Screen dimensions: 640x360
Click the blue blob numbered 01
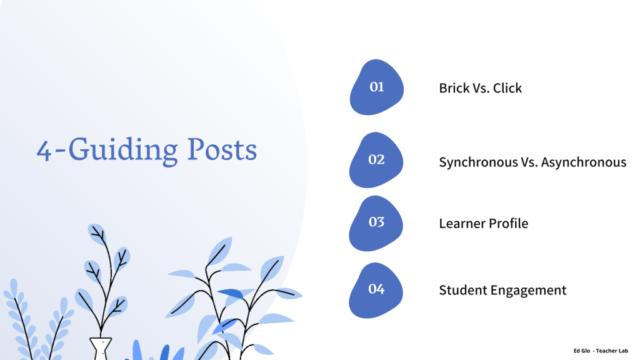tap(376, 87)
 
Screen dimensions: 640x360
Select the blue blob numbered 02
tap(376, 159)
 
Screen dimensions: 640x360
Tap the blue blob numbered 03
tap(376, 223)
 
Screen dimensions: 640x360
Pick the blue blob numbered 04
tap(376, 290)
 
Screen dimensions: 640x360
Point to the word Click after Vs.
tap(507, 88)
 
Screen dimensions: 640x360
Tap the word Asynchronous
tap(584, 162)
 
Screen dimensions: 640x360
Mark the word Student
tap(463, 290)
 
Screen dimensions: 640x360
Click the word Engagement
tap(528, 291)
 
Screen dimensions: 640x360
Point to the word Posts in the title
tap(222, 149)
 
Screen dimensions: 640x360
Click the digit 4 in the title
tap(44, 151)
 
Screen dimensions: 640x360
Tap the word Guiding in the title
tap(123, 151)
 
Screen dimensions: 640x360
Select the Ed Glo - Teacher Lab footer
tap(601, 351)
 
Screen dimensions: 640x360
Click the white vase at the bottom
tap(101, 349)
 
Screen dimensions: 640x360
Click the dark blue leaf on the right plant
tap(231, 294)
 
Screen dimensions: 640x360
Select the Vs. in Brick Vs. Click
tap(481, 88)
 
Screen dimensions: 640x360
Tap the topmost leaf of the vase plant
tap(97, 234)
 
